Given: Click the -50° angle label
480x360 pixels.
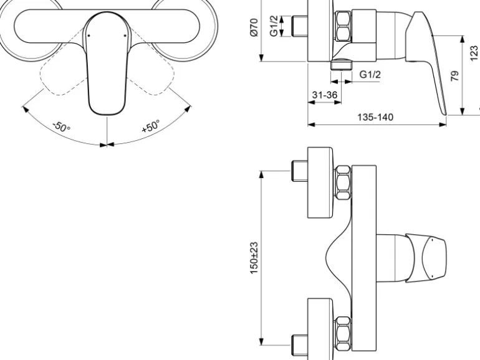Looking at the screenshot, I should [62, 128].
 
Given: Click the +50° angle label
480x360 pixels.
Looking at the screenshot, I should [151, 126].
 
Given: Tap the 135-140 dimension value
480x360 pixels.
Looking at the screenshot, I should [375, 117].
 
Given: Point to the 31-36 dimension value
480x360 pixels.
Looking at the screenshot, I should [325, 95].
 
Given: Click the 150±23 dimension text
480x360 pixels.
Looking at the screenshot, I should [254, 258].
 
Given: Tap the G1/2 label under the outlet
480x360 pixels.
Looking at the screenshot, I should [370, 75].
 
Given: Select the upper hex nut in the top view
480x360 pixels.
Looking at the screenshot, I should [343, 182].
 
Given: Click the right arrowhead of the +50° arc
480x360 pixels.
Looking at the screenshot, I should [188, 108].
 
